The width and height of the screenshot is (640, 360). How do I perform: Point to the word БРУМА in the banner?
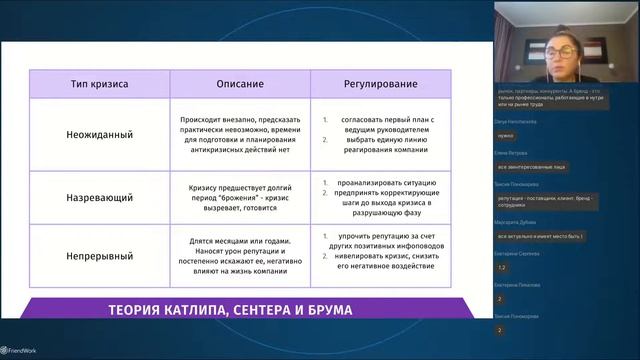[x=326, y=310]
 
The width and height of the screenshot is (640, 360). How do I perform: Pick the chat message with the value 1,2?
[x=502, y=267]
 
